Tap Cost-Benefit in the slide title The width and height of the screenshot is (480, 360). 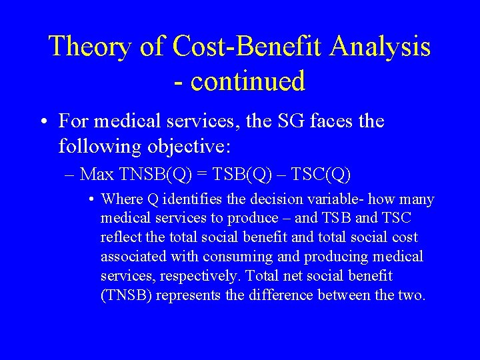pos(249,47)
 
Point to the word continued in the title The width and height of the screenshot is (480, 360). pos(248,81)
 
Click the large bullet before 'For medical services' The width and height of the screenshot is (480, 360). pos(43,122)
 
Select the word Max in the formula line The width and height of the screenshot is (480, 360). pos(97,175)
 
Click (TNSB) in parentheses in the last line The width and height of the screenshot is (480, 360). pos(127,295)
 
